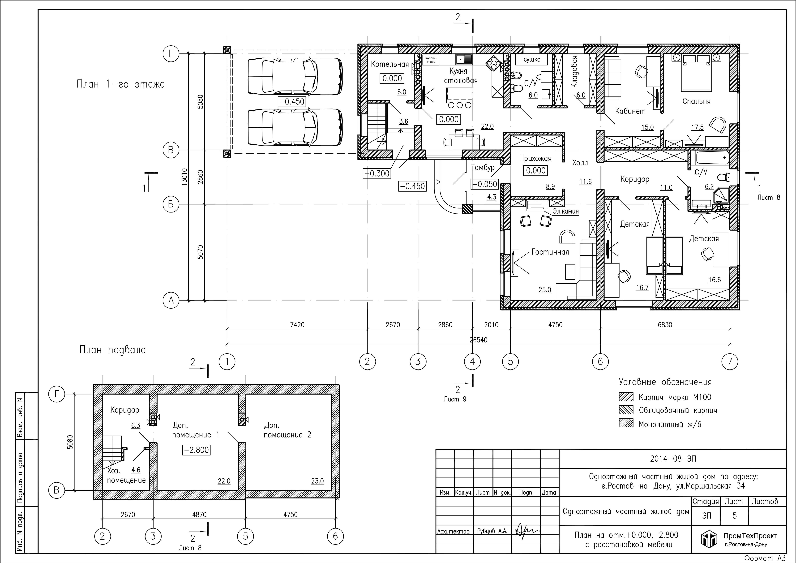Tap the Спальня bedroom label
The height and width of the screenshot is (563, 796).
click(x=696, y=101)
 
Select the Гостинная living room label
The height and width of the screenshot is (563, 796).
click(x=550, y=252)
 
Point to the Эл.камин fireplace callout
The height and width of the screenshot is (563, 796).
click(x=566, y=211)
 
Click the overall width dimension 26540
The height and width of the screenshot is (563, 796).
click(x=478, y=340)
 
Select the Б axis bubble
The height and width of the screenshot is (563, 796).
click(x=171, y=204)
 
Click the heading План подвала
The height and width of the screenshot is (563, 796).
click(x=113, y=350)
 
